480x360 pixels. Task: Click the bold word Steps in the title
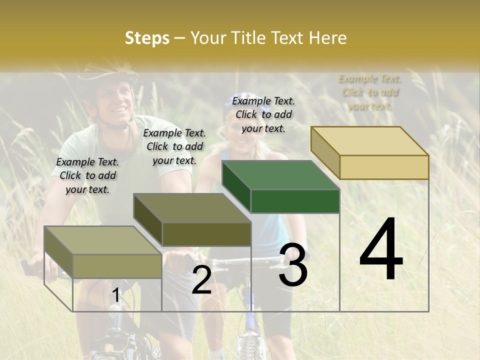pyautogui.click(x=147, y=38)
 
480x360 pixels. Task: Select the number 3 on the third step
pyautogui.click(x=293, y=265)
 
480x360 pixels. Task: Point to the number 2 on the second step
pyautogui.click(x=201, y=280)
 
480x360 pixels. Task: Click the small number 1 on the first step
pyautogui.click(x=115, y=295)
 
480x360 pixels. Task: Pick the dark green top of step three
pyautogui.click(x=280, y=175)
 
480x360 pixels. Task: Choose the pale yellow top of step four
pyautogui.click(x=370, y=141)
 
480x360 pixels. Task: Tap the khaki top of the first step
pyautogui.click(x=102, y=240)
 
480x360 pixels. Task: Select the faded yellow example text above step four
pyautogui.click(x=370, y=92)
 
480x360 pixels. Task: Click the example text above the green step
pyautogui.click(x=263, y=114)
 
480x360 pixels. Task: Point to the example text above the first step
pyautogui.click(x=87, y=175)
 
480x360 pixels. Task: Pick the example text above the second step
pyautogui.click(x=174, y=146)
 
